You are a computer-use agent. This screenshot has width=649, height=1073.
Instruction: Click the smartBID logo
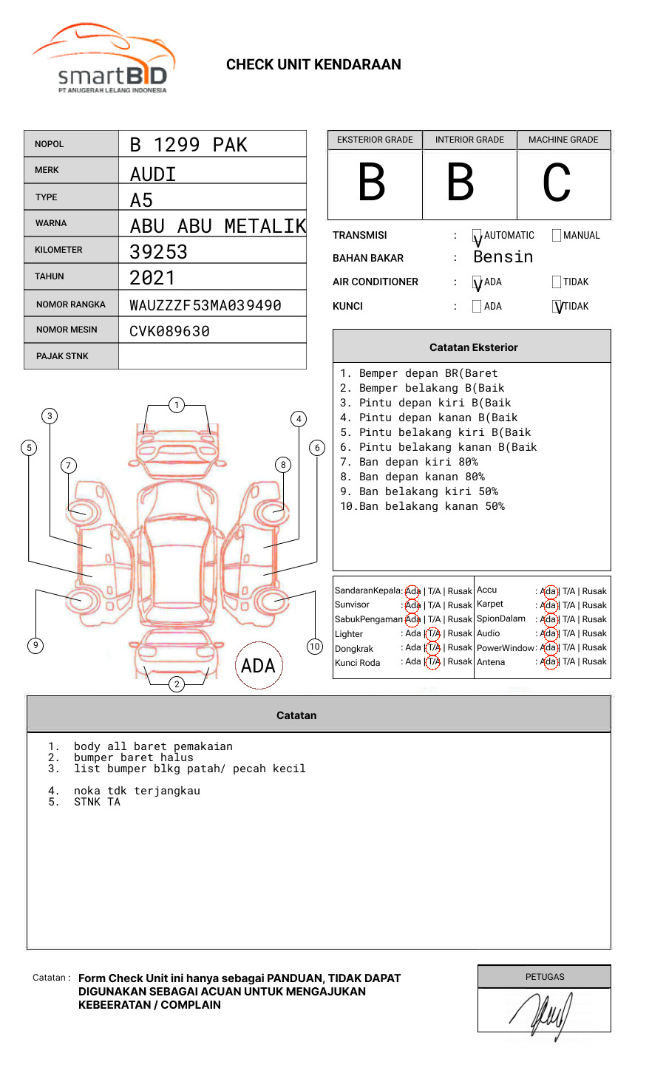103,59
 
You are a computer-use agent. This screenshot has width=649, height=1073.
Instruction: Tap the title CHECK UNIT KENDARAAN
313,65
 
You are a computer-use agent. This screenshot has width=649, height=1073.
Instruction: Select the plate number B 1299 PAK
188,145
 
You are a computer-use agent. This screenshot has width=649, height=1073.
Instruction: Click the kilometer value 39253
159,252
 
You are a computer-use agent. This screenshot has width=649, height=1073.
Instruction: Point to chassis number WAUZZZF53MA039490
205,305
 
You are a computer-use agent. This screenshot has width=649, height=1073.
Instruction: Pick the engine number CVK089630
170,332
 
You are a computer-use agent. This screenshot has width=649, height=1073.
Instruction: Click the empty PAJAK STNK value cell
212,356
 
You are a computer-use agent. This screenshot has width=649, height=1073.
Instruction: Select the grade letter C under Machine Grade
557,183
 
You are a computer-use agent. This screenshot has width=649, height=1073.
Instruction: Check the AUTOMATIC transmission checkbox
477,236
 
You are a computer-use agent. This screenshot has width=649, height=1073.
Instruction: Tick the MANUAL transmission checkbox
557,236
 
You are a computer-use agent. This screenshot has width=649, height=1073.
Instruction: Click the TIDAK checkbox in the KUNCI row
557,307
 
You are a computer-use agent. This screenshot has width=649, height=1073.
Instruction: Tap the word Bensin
503,257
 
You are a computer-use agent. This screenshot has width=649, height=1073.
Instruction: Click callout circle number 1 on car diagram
176,405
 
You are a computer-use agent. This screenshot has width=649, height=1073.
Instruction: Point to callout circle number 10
315,647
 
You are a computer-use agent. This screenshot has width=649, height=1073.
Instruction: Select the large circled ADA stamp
259,665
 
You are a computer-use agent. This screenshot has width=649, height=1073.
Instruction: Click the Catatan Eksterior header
473,347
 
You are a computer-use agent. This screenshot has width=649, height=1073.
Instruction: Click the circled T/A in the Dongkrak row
433,648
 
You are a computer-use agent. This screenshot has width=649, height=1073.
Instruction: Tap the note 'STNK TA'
96,802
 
